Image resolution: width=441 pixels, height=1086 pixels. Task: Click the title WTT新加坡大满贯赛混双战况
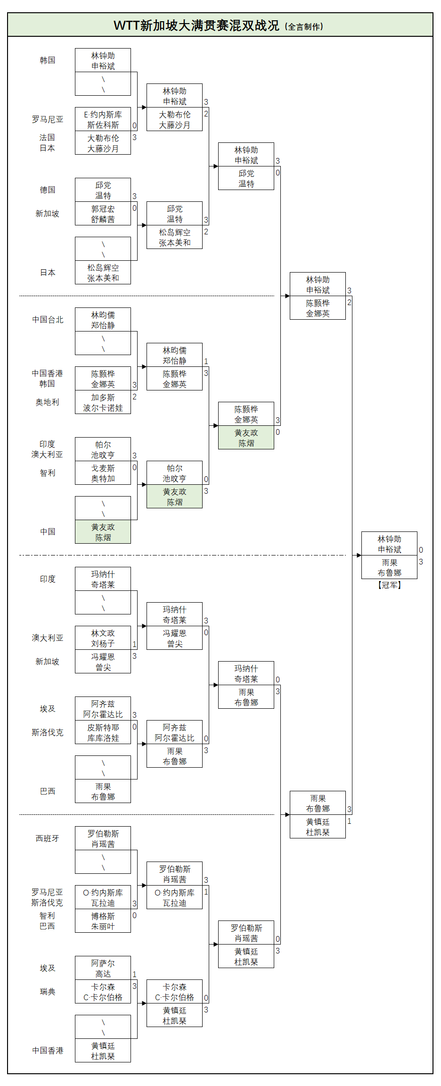pos(196,25)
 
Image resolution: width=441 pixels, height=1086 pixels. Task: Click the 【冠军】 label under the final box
pos(389,585)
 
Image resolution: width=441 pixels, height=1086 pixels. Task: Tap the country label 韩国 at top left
pos(47,60)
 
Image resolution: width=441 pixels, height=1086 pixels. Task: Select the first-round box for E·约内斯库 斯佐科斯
pos(103,120)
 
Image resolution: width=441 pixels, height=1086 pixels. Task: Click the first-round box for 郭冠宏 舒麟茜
pos(103,214)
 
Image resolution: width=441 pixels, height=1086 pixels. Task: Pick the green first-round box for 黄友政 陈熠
pos(103,532)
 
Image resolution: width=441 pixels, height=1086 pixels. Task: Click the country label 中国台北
pos(47,320)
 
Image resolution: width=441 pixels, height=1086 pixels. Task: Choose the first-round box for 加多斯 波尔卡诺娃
pos(103,403)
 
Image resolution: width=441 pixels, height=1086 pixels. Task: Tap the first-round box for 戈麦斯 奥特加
pos(103,473)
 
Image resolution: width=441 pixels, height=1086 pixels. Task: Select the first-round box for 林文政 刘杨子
pos(103,638)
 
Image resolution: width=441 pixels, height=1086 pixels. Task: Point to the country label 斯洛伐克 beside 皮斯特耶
pos(47,732)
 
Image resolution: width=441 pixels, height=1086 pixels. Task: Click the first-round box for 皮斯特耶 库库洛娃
pos(103,733)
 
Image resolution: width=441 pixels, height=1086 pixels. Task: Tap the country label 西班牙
pos(47,838)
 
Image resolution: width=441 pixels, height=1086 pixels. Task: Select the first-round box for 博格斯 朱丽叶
pos(103,921)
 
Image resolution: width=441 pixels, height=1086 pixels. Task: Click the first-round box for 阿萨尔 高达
pos(103,969)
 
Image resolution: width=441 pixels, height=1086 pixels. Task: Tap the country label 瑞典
pos(47,992)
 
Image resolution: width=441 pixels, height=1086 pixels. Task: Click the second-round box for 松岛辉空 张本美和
pos(174,238)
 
